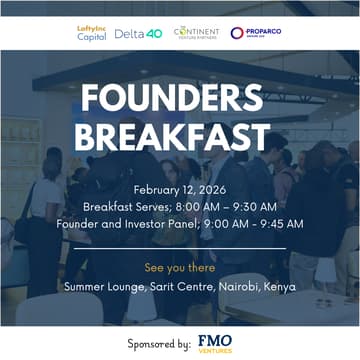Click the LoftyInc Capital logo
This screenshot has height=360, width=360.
[92, 33]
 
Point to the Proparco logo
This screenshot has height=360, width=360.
[250, 33]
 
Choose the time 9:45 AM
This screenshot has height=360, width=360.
[280, 223]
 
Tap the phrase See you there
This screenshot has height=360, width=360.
[179, 268]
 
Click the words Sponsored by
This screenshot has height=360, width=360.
[160, 343]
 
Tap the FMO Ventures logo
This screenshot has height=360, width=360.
[215, 342]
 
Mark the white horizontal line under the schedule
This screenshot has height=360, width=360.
[180, 248]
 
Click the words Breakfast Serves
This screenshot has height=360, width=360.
[122, 206]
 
